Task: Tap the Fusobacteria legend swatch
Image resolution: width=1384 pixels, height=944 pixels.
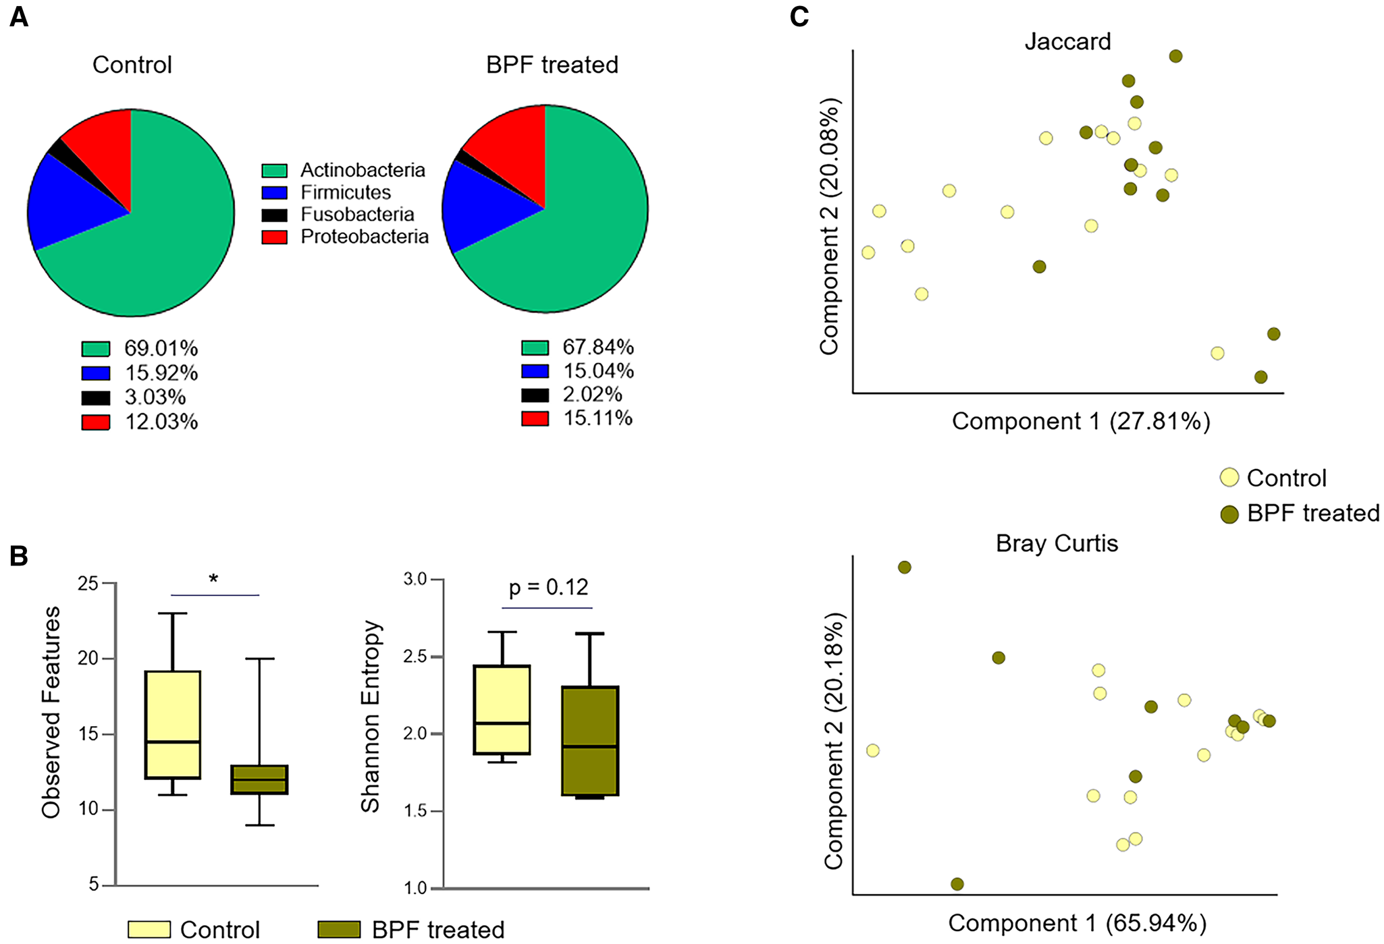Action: point(274,215)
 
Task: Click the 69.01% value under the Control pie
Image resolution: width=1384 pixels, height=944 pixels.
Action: point(161,349)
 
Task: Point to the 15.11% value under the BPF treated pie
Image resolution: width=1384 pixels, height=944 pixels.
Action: point(597,418)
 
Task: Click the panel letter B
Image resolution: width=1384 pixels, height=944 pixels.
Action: point(19,556)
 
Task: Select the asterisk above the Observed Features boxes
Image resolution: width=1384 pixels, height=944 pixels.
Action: point(213,579)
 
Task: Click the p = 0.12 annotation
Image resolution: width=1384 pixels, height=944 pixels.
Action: point(548,587)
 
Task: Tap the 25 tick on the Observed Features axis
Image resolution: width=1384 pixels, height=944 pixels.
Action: point(88,583)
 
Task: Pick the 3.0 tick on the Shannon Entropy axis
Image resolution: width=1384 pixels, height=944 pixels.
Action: point(415,579)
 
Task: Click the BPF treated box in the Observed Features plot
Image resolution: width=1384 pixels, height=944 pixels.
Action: point(259,779)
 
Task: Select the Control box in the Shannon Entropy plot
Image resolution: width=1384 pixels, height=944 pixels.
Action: point(502,709)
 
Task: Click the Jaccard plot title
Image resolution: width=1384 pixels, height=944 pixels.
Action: point(1067,42)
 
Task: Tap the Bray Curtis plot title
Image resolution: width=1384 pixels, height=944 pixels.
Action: point(1057,543)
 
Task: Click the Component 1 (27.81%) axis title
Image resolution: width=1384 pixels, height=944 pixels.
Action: point(1080,421)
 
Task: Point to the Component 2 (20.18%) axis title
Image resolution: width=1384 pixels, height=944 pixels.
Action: point(834,740)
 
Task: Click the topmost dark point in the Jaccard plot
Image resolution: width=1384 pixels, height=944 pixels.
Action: point(1175,56)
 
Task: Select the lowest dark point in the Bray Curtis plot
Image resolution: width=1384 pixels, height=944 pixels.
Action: point(957,884)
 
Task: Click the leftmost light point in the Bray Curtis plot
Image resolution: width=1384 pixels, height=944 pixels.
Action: point(872,750)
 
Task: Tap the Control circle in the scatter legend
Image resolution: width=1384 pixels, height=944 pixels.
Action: point(1229,478)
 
